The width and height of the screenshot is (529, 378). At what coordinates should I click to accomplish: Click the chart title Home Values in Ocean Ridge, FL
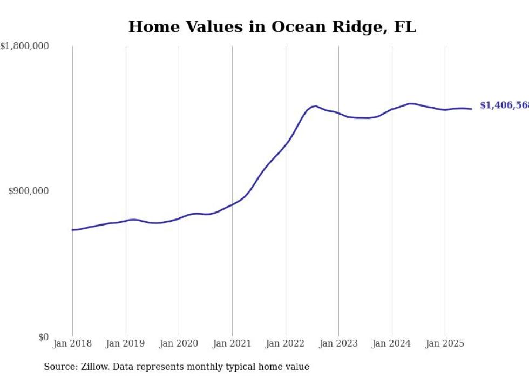(272, 27)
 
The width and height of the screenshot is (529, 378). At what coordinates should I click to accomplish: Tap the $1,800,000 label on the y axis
(25, 47)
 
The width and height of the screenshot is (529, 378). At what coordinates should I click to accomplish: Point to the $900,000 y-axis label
(29, 191)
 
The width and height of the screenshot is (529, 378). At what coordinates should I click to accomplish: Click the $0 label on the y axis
(43, 337)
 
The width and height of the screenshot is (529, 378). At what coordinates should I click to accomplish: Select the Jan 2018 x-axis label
(72, 343)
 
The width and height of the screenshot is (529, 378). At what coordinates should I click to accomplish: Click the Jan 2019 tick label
(126, 343)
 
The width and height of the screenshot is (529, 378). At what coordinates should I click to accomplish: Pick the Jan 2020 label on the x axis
(179, 343)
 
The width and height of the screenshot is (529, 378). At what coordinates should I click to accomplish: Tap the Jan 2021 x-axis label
(232, 343)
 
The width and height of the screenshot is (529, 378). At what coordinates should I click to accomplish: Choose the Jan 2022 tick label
(286, 343)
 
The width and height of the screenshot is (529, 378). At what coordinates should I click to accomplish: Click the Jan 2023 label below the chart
(338, 343)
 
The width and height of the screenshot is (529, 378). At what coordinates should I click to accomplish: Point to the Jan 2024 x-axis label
(392, 343)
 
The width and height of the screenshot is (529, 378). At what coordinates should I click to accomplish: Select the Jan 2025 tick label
(445, 343)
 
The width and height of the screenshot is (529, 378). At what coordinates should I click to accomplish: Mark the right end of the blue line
(471, 109)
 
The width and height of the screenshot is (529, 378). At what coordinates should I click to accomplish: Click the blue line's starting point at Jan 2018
(72, 230)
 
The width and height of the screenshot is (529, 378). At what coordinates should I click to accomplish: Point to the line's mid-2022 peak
(316, 106)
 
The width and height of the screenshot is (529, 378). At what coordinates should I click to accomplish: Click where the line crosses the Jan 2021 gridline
(232, 204)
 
